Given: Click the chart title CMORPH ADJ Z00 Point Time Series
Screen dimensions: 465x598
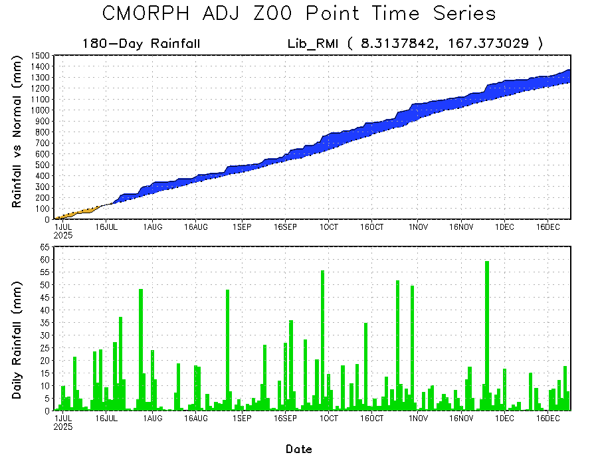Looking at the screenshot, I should tap(299, 14).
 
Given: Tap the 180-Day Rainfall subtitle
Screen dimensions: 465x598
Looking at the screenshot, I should tap(141, 45).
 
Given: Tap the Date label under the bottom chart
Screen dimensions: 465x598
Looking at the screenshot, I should tap(299, 449).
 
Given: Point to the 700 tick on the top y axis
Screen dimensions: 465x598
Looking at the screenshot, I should tap(44, 143).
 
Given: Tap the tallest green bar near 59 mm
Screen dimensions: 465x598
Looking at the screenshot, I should tap(487, 332).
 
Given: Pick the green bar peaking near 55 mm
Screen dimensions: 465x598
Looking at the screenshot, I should tap(322, 339).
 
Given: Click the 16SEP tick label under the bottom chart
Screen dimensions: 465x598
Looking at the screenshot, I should tap(284, 419).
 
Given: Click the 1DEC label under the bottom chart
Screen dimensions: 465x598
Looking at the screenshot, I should tap(504, 419).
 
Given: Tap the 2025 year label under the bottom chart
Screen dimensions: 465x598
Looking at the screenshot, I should tap(63, 426).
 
